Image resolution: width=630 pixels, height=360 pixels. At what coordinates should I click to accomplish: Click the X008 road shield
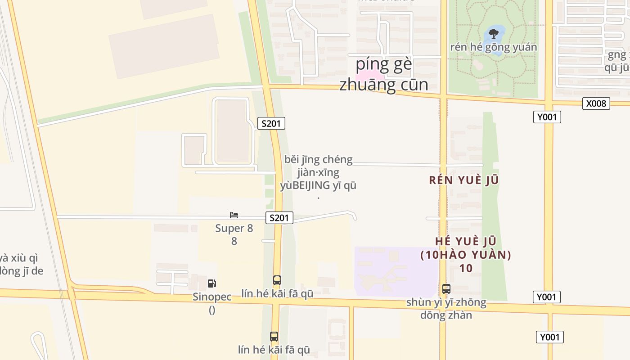click(596, 103)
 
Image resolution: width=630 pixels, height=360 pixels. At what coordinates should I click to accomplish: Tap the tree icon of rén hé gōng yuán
click(494, 33)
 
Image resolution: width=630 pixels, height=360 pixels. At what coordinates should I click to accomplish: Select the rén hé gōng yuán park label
click(494, 47)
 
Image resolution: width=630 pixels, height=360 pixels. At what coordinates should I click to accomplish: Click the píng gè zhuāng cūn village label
click(384, 74)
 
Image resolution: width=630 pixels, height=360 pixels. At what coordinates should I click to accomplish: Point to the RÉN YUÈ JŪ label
click(464, 180)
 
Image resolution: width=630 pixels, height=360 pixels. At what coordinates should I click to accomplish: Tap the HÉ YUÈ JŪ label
click(466, 241)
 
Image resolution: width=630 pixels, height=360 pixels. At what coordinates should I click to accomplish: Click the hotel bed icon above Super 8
click(234, 215)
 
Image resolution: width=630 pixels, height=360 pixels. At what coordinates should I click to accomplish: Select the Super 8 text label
click(234, 228)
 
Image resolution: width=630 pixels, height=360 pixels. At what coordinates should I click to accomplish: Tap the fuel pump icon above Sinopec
click(211, 283)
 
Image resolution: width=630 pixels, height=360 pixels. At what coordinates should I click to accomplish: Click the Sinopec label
click(212, 297)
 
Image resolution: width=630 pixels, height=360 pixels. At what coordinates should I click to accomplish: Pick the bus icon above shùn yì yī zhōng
click(446, 289)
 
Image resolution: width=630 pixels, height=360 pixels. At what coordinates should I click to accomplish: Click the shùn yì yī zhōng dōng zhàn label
click(446, 308)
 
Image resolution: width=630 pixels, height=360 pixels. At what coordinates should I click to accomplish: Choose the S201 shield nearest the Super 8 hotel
click(279, 218)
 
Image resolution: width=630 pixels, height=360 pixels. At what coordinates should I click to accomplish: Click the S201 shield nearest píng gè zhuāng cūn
click(271, 123)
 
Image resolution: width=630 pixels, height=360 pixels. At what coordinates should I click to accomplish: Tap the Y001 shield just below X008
click(547, 117)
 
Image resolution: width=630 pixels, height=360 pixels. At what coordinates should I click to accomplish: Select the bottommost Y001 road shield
click(549, 337)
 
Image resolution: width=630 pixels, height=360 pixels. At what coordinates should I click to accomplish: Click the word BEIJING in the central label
click(311, 185)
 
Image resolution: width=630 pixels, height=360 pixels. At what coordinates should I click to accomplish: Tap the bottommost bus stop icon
click(274, 336)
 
